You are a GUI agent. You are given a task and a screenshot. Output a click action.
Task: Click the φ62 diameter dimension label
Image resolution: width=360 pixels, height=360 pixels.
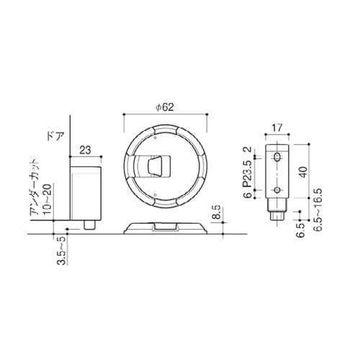[x=165, y=107]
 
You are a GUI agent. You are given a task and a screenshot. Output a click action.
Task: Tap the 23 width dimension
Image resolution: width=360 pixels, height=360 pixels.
[x=85, y=150]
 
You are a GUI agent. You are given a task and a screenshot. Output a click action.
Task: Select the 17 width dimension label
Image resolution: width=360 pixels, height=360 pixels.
[x=277, y=128]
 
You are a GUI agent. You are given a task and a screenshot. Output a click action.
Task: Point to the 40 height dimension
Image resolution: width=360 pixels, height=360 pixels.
[x=304, y=172]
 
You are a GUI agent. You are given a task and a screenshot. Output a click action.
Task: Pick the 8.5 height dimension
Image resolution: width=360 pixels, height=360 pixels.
[x=217, y=212]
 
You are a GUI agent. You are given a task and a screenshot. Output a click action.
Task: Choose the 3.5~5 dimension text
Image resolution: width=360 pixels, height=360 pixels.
[x=62, y=251]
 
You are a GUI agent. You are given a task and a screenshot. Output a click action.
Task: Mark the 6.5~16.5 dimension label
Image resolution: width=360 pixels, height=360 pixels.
[x=318, y=210]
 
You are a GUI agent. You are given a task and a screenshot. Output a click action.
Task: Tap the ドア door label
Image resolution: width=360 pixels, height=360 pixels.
[x=55, y=136]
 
